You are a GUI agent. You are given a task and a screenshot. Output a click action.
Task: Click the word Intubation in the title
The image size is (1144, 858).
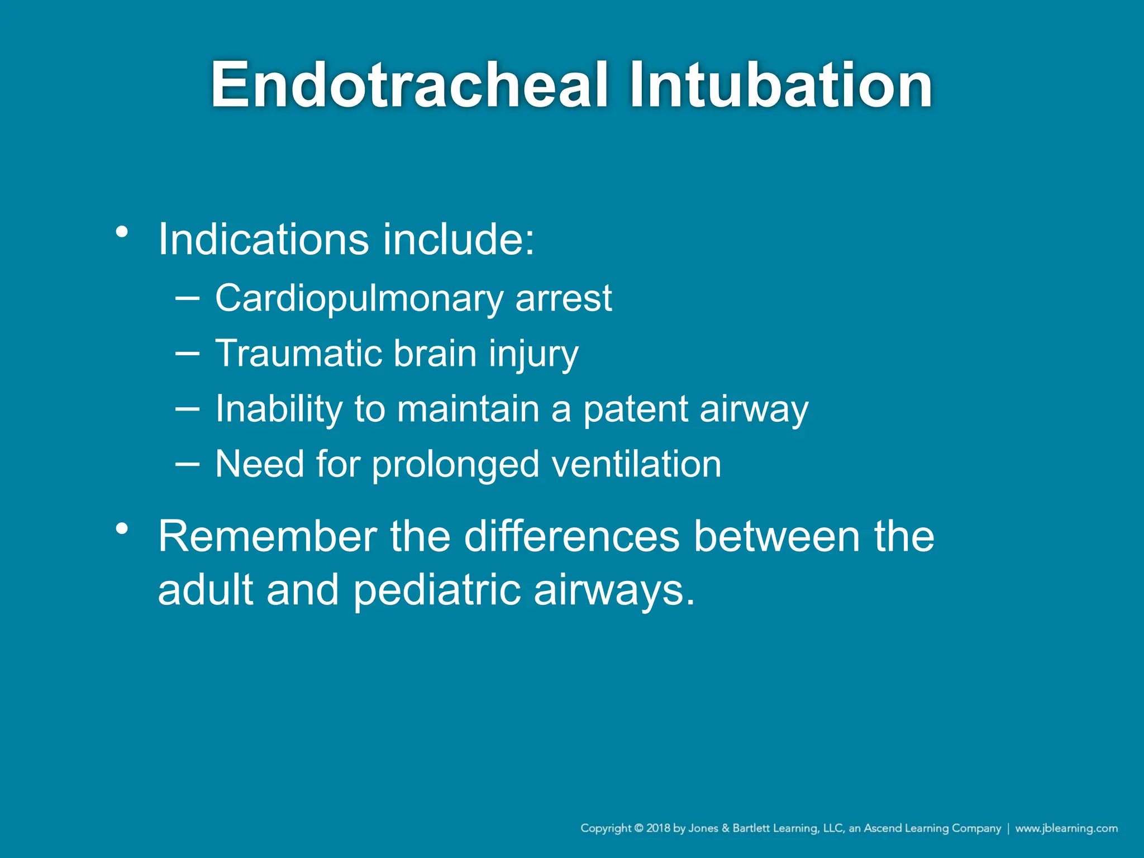(780, 85)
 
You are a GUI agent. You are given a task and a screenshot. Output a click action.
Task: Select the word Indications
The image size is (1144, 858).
(263, 240)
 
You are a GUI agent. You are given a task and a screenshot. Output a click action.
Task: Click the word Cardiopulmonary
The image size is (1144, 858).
(358, 299)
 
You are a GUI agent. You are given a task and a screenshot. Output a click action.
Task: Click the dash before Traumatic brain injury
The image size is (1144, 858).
(187, 353)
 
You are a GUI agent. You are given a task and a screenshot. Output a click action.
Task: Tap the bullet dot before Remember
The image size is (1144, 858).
(122, 528)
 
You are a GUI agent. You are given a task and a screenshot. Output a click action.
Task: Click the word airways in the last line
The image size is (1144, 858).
(614, 591)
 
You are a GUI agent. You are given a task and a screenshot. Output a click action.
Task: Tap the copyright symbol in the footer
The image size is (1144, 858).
(639, 828)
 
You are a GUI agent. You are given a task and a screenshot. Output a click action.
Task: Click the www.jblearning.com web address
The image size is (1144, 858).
(1066, 828)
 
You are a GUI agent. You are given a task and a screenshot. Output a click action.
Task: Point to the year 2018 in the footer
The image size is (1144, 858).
(658, 828)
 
